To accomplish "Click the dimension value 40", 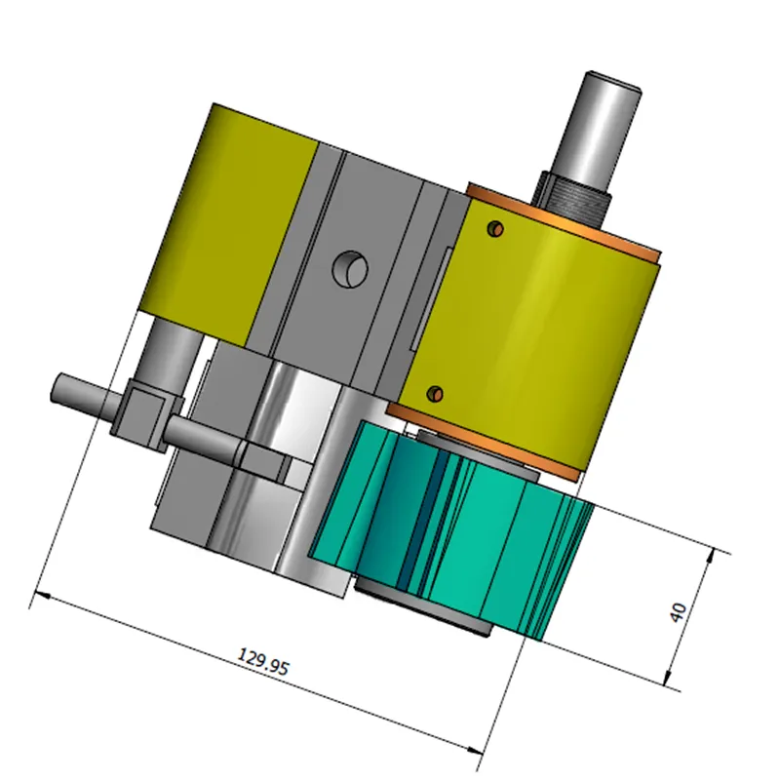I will tap(679, 611).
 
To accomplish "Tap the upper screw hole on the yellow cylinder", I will tap(496, 228).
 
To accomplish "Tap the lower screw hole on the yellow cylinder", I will tap(436, 394).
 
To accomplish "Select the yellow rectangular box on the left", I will tap(229, 224).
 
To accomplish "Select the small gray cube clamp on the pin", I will tap(146, 414).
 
